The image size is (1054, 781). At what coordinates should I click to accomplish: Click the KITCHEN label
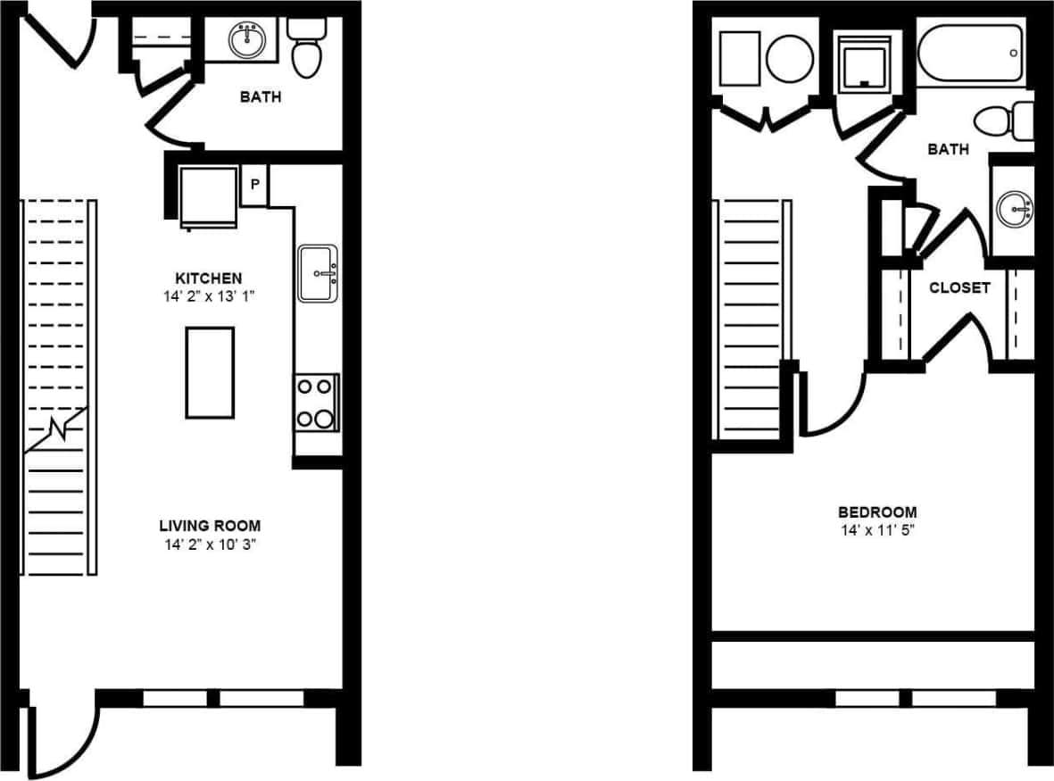[x=209, y=278]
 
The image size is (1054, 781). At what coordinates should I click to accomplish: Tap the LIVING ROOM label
[x=210, y=526]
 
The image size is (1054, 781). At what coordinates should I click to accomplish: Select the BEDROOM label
[x=876, y=512]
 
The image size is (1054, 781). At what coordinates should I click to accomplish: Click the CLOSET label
[x=959, y=287]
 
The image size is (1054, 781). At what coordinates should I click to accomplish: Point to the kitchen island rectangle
[x=210, y=372]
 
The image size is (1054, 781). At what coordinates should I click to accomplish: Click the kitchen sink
[x=319, y=273]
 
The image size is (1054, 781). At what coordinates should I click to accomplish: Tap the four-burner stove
[x=317, y=403]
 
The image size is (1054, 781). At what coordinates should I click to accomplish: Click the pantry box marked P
[x=254, y=185]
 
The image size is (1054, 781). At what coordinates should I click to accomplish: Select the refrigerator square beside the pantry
[x=209, y=197]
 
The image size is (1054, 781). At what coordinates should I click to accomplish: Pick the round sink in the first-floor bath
[x=247, y=40]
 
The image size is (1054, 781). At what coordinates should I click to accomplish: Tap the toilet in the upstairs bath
[x=1004, y=120]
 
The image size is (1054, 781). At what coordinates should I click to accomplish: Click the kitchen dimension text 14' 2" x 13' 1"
[x=209, y=295]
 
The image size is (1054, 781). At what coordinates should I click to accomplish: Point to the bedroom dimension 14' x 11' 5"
[x=876, y=529]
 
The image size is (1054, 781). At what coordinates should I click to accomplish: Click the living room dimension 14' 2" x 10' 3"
[x=210, y=543]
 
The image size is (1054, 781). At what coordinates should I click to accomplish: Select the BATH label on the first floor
[x=260, y=96]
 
